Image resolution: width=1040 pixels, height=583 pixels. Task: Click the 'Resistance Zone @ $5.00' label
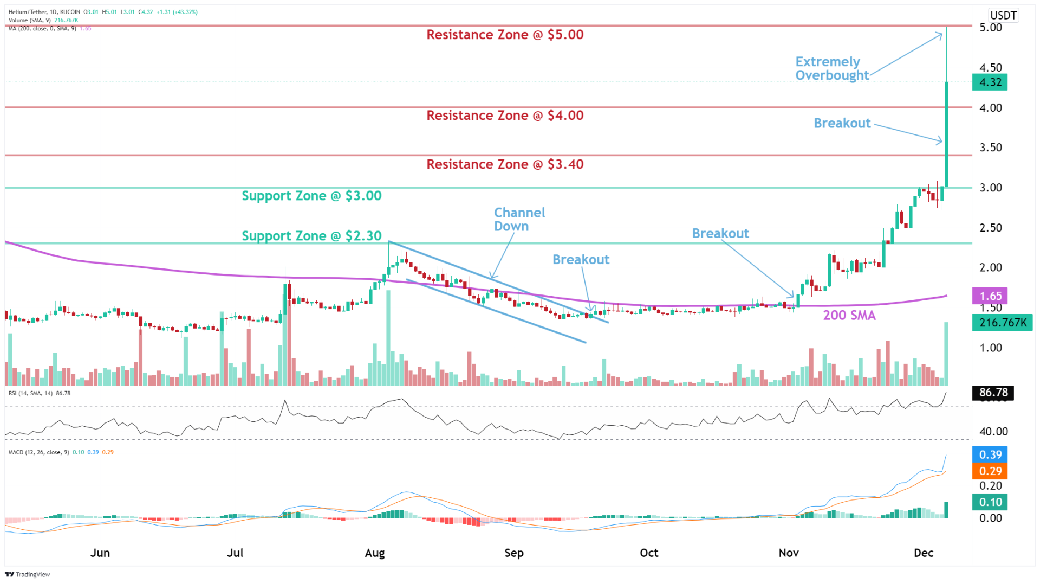pos(505,35)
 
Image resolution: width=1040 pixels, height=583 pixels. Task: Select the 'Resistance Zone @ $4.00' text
pos(505,116)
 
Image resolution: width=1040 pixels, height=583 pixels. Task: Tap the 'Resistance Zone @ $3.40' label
pos(505,164)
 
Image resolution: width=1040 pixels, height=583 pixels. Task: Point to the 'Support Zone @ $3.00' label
pos(311,196)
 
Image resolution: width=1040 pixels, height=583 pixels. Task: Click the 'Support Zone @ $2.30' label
pos(311,236)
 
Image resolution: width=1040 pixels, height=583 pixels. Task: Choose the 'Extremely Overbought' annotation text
pos(831,68)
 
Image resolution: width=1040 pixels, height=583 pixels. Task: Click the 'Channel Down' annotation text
pos(519,219)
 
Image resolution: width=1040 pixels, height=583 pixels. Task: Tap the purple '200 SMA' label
pos(849,315)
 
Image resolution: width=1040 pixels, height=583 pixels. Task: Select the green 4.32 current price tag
pos(990,82)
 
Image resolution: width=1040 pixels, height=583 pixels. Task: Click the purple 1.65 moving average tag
pos(990,296)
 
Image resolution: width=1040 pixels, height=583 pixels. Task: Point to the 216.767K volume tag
pos(1002,323)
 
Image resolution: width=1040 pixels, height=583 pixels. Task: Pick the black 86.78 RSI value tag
pos(993,393)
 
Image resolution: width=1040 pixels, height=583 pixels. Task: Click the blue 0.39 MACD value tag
pos(990,454)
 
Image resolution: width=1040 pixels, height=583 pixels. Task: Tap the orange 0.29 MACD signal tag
pos(990,471)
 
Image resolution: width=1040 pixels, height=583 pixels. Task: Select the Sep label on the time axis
pos(514,553)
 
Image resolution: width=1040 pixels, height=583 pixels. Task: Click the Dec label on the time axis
pos(924,553)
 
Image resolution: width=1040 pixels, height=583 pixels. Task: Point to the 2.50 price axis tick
pos(991,228)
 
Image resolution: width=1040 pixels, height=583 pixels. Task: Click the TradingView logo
pos(28,574)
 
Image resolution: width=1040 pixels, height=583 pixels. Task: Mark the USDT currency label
pos(1003,15)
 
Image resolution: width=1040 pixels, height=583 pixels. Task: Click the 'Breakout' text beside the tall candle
pos(842,124)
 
